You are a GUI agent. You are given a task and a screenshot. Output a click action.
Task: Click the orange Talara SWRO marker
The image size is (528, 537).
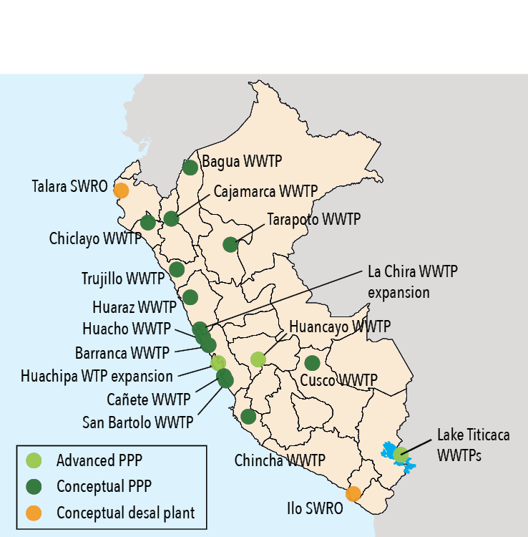pos(121,190)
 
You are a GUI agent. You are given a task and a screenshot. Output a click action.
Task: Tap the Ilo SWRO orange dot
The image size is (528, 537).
pos(353,494)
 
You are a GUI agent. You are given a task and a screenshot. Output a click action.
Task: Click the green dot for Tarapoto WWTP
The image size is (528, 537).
pos(230,245)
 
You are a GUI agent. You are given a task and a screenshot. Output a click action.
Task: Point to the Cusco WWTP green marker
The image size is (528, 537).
pos(312,363)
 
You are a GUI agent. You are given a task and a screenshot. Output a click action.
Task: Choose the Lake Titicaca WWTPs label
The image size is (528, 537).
pos(474,443)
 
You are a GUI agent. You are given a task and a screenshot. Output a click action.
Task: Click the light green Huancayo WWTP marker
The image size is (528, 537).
pos(258,359)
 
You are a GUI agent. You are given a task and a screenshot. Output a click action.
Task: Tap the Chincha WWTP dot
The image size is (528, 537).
pos(248,416)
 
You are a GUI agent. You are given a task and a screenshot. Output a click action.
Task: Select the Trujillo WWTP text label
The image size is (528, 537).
pos(124,278)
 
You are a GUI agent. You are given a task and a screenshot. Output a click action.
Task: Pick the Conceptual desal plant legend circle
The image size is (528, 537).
pos(33,513)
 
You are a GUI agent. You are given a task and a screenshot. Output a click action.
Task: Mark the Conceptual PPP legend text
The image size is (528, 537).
pos(104,487)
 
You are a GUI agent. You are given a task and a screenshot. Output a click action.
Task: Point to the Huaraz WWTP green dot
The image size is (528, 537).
pos(190,297)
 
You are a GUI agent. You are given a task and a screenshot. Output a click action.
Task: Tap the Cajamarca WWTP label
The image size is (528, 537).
pos(265,191)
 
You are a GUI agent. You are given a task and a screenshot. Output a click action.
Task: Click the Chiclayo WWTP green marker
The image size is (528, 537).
pos(148,223)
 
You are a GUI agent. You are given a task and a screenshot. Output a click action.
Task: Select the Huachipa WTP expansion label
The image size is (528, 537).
pos(97,376)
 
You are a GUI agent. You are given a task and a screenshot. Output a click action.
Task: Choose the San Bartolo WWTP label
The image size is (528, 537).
pos(137,422)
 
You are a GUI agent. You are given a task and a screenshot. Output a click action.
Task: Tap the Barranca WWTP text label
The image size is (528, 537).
pos(122,353)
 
